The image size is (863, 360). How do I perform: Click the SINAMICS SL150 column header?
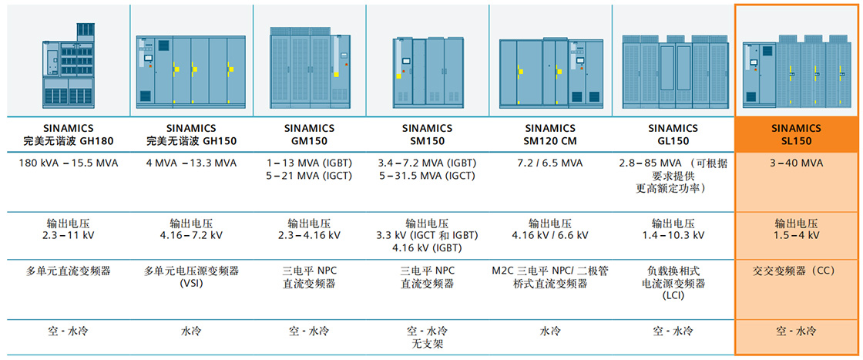pos(796,135)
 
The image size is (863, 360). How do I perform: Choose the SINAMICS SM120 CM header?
pos(549,135)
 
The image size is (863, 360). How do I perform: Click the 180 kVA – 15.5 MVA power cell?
pos(69,163)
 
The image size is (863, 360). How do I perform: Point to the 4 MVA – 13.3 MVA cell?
pos(190,163)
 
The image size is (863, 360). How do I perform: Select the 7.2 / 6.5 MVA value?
pos(549,163)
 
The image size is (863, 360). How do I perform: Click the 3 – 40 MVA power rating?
pos(796,163)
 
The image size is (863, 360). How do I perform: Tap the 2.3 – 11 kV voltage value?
pos(69,235)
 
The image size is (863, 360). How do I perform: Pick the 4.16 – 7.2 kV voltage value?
pos(190,235)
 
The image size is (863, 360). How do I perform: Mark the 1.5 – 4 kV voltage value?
pos(796,235)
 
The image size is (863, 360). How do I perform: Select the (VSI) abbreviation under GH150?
pos(190,283)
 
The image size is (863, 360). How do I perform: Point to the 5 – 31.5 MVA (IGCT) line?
pos(428,176)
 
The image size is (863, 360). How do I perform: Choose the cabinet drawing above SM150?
pos(428,70)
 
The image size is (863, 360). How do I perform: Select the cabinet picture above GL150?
pos(673,69)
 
